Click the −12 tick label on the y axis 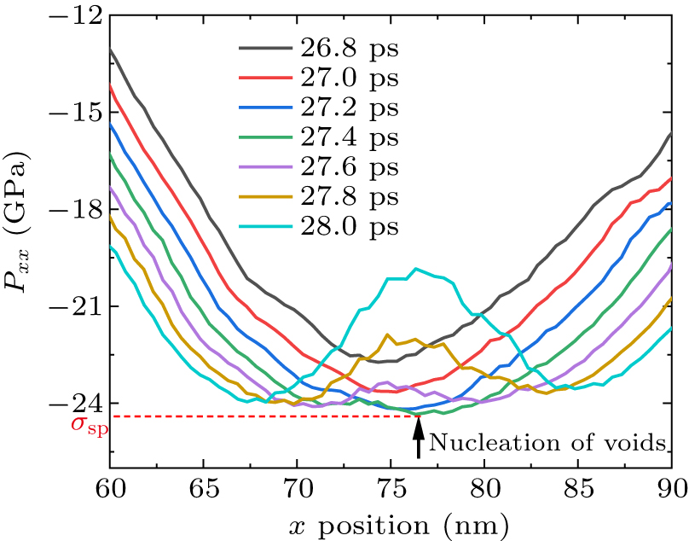73,16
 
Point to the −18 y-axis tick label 73,210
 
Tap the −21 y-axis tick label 73,307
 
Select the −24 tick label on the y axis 73,404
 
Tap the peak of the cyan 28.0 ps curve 416,269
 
